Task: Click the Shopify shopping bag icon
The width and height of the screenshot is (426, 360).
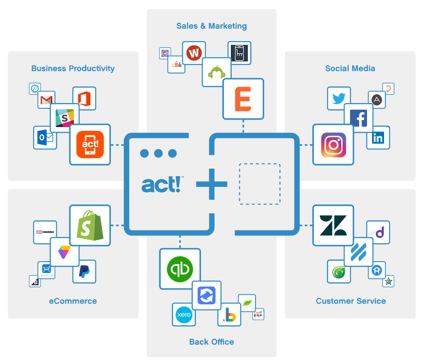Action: point(90,225)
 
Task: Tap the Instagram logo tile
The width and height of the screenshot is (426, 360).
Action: point(333,144)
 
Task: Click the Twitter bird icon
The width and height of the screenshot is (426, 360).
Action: point(339,98)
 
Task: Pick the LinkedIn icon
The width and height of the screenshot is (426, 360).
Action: point(378,137)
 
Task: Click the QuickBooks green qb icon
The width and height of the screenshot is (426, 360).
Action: point(180,269)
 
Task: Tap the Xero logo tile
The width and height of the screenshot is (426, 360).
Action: point(184,315)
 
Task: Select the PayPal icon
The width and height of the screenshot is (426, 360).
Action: point(84,272)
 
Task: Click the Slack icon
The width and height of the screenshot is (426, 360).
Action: point(64,118)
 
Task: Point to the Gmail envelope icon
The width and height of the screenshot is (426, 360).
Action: point(47,100)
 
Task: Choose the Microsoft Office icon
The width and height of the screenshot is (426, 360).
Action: point(84,98)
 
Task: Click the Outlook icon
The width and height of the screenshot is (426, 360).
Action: point(45,137)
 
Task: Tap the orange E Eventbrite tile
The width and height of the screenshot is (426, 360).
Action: point(243,99)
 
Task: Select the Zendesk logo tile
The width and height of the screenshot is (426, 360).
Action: point(333,225)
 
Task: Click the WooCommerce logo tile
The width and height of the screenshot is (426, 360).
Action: point(45,232)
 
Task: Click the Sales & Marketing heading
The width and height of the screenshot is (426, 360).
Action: point(211,26)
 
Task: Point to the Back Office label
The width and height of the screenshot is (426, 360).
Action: point(211,342)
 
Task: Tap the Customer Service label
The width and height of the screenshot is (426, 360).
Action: point(350,301)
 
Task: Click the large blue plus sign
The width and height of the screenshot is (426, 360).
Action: point(212,184)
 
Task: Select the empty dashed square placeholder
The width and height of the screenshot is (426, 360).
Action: point(260,184)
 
